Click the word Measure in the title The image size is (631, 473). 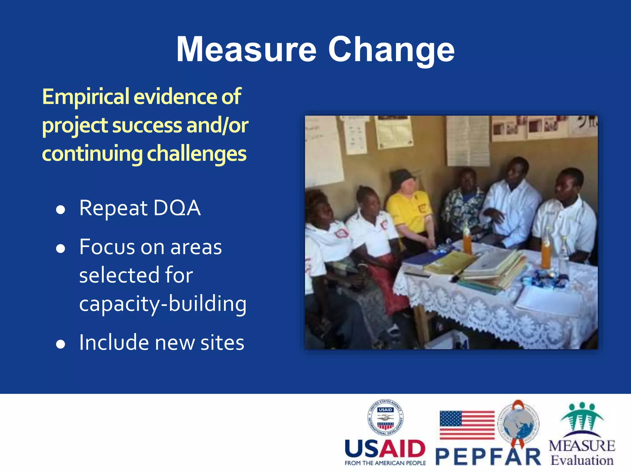[x=246, y=49]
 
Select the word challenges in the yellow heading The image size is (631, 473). [x=197, y=154]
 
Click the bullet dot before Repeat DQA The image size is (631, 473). [x=61, y=210]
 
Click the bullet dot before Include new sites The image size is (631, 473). [x=61, y=344]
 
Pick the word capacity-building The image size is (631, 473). [x=163, y=304]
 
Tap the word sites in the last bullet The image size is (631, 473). [x=222, y=342]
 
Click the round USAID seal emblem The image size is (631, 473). [x=385, y=417]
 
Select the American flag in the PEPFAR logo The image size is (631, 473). [x=467, y=425]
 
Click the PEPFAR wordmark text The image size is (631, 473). [x=488, y=457]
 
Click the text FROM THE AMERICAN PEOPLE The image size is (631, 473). [x=385, y=463]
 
